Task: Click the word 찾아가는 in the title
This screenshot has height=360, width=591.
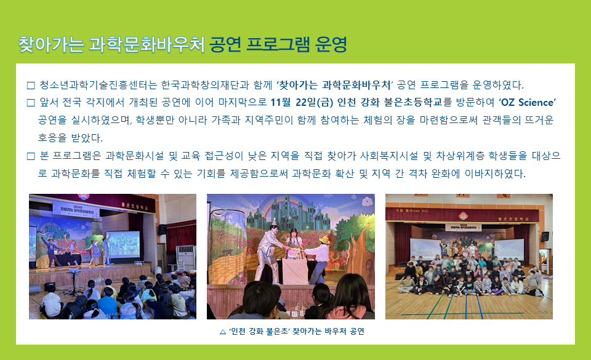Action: pos(51,44)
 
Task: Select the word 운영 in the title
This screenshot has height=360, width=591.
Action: pos(331,44)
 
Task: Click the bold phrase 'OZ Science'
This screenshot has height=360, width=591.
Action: pos(528,102)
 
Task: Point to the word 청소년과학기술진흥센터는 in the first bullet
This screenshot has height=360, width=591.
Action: pos(98,85)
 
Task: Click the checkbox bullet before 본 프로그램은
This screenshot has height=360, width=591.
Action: pos(31,156)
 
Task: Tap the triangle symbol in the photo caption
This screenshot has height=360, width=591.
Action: pos(223,332)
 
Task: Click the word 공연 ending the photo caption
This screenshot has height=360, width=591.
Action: pos(357,331)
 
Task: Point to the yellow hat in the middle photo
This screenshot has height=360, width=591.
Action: pos(324,240)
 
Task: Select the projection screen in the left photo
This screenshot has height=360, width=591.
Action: pos(123,246)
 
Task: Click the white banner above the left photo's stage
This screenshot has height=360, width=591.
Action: pos(75,210)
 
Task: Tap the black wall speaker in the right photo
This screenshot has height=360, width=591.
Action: pos(545,236)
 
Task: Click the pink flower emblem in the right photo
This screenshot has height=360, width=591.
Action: pos(463,216)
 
